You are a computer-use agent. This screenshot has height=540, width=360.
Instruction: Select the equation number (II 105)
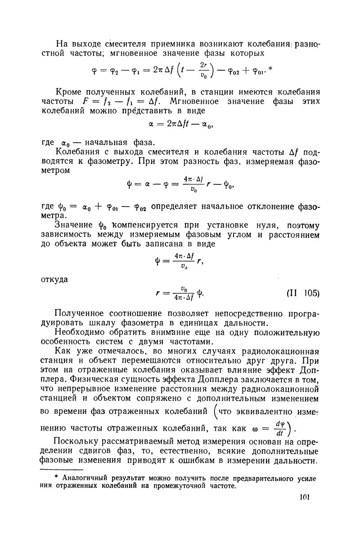pos(303,293)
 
